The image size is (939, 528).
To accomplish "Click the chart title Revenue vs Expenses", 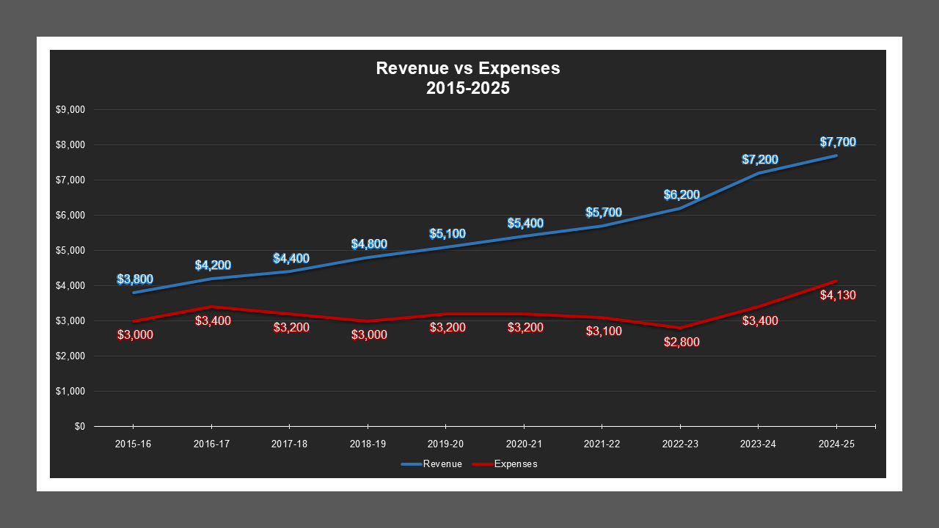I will (x=467, y=68).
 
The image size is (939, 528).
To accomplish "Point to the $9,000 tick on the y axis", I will (x=70, y=110).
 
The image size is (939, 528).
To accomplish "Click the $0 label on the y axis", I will (x=79, y=426).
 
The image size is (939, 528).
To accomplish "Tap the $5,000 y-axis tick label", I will (x=70, y=250).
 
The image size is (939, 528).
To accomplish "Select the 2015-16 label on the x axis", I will (x=133, y=444).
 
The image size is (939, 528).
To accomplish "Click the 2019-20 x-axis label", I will (x=445, y=444).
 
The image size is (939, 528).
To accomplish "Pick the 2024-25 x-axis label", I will (x=836, y=444).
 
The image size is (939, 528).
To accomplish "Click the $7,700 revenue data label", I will (x=838, y=142).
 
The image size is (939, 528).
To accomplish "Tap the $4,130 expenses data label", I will (x=838, y=296).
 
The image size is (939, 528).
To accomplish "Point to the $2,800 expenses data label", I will (x=682, y=342).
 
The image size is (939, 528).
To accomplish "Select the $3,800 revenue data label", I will (x=135, y=279).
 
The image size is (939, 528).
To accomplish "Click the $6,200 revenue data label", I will (x=682, y=195).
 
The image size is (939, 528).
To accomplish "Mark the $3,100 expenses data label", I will (x=604, y=331).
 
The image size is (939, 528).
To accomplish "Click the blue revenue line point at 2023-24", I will (x=759, y=173).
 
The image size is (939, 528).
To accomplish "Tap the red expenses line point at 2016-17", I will (x=211, y=307).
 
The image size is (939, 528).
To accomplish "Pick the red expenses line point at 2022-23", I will (x=680, y=328).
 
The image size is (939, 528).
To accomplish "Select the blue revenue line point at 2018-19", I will (x=368, y=257).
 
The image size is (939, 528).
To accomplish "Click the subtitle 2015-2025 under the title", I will (x=467, y=88).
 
